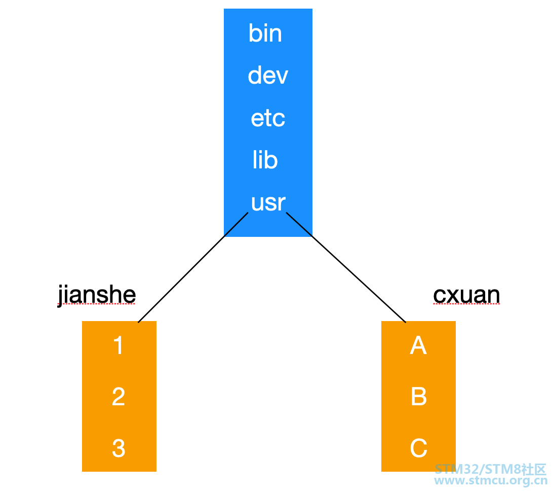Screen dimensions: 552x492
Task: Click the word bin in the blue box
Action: tap(265, 33)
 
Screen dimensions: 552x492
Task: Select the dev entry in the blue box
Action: tap(268, 75)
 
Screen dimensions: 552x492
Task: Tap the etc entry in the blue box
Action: tap(268, 118)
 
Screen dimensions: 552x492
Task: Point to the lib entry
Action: tap(265, 160)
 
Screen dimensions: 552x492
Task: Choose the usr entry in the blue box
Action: tap(268, 203)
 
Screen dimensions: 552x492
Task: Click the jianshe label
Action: tap(97, 295)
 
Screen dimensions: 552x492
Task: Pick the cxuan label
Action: tap(466, 295)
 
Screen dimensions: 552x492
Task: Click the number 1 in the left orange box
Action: tap(119, 345)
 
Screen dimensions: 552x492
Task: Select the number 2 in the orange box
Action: tap(119, 397)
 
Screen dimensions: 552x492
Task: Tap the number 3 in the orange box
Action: tap(119, 448)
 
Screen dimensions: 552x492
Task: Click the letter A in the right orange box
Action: tap(418, 345)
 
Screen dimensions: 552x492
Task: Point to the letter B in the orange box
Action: tap(419, 397)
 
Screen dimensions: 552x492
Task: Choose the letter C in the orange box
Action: tap(419, 448)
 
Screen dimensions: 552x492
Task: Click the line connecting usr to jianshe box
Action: tap(193, 267)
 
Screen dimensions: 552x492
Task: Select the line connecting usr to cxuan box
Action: tap(346, 267)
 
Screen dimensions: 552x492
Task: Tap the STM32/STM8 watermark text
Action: tap(490, 469)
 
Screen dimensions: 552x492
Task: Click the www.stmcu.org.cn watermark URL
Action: tap(490, 480)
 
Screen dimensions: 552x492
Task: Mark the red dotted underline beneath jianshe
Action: tap(97, 304)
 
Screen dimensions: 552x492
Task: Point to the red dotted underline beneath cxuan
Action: tap(466, 304)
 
